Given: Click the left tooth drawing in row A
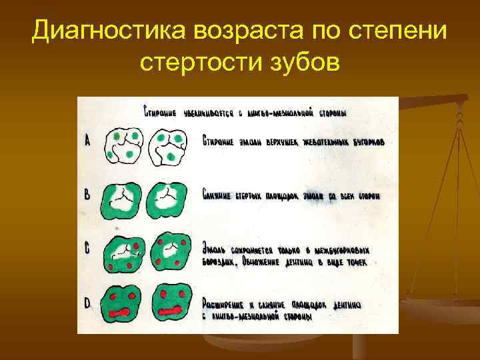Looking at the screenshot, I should pos(123,145).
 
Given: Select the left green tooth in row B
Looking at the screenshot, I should pos(123,199).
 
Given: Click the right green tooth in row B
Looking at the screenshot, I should pos(171,199).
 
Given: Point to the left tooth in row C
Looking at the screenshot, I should pos(124,252).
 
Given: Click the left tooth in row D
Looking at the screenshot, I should pos(123,304).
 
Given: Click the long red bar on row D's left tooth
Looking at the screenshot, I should pos(124,312).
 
